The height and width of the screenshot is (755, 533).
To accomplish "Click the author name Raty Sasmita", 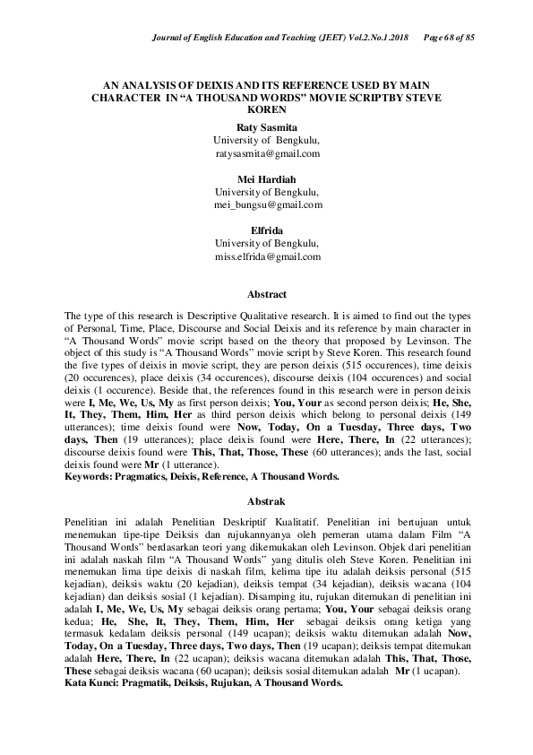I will pyautogui.click(x=266, y=128).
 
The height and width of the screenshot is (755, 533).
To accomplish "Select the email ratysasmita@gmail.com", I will pyautogui.click(x=267, y=153).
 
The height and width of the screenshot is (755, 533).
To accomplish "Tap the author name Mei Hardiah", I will pyautogui.click(x=266, y=179).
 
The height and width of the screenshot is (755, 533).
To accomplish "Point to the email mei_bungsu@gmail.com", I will pyautogui.click(x=267, y=204).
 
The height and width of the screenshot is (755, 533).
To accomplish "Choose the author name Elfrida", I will pyautogui.click(x=266, y=230).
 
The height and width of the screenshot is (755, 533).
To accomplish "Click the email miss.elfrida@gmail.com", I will pyautogui.click(x=267, y=256).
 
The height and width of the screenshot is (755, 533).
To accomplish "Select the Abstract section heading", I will pyautogui.click(x=266, y=294).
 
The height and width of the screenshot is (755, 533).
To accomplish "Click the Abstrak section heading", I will pyautogui.click(x=266, y=499).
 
